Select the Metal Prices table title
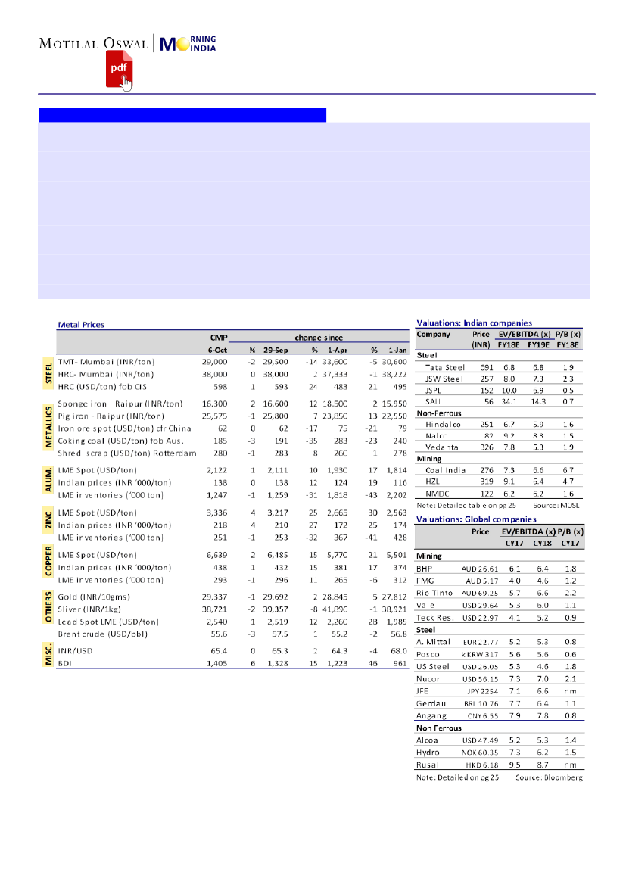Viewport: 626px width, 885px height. tap(81, 324)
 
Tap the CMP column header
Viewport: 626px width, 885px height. tap(219, 337)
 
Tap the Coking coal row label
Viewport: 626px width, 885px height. tap(111, 440)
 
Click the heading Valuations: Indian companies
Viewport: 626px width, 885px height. tap(474, 323)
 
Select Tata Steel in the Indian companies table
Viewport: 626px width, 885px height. tap(444, 366)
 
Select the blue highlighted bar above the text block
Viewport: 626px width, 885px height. tap(182, 114)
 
